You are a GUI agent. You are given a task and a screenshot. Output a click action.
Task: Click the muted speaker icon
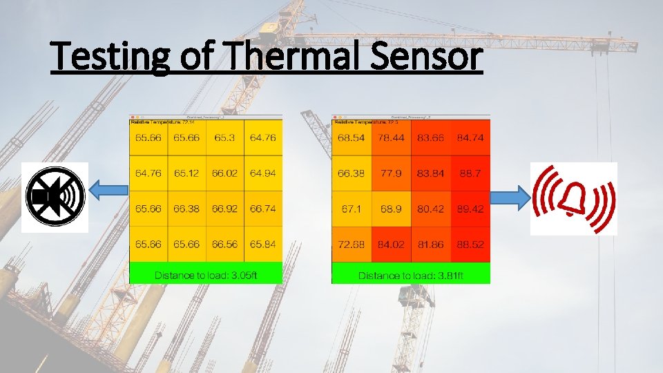pos(55,197)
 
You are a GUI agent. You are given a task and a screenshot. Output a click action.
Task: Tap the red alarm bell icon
pos(573,199)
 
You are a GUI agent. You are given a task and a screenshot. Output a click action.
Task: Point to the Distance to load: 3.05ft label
pos(206,275)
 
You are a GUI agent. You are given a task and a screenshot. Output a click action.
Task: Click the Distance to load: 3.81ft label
pos(410,276)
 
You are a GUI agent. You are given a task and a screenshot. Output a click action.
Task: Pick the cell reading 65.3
pos(224,138)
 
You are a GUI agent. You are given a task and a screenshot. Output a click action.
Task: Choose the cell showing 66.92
pos(224,209)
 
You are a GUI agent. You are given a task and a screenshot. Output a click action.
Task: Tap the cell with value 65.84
pos(263,244)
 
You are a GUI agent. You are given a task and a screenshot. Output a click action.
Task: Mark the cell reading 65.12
pos(186,173)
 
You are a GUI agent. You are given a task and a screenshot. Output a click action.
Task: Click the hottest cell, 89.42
pos(470,209)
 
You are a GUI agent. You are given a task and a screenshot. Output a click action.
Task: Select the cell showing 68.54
pos(351,138)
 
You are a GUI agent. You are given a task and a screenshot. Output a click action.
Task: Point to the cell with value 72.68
pos(351,244)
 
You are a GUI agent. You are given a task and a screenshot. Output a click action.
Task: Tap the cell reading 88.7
pos(470,173)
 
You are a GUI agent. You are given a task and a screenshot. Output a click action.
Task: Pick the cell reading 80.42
pos(430,209)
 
